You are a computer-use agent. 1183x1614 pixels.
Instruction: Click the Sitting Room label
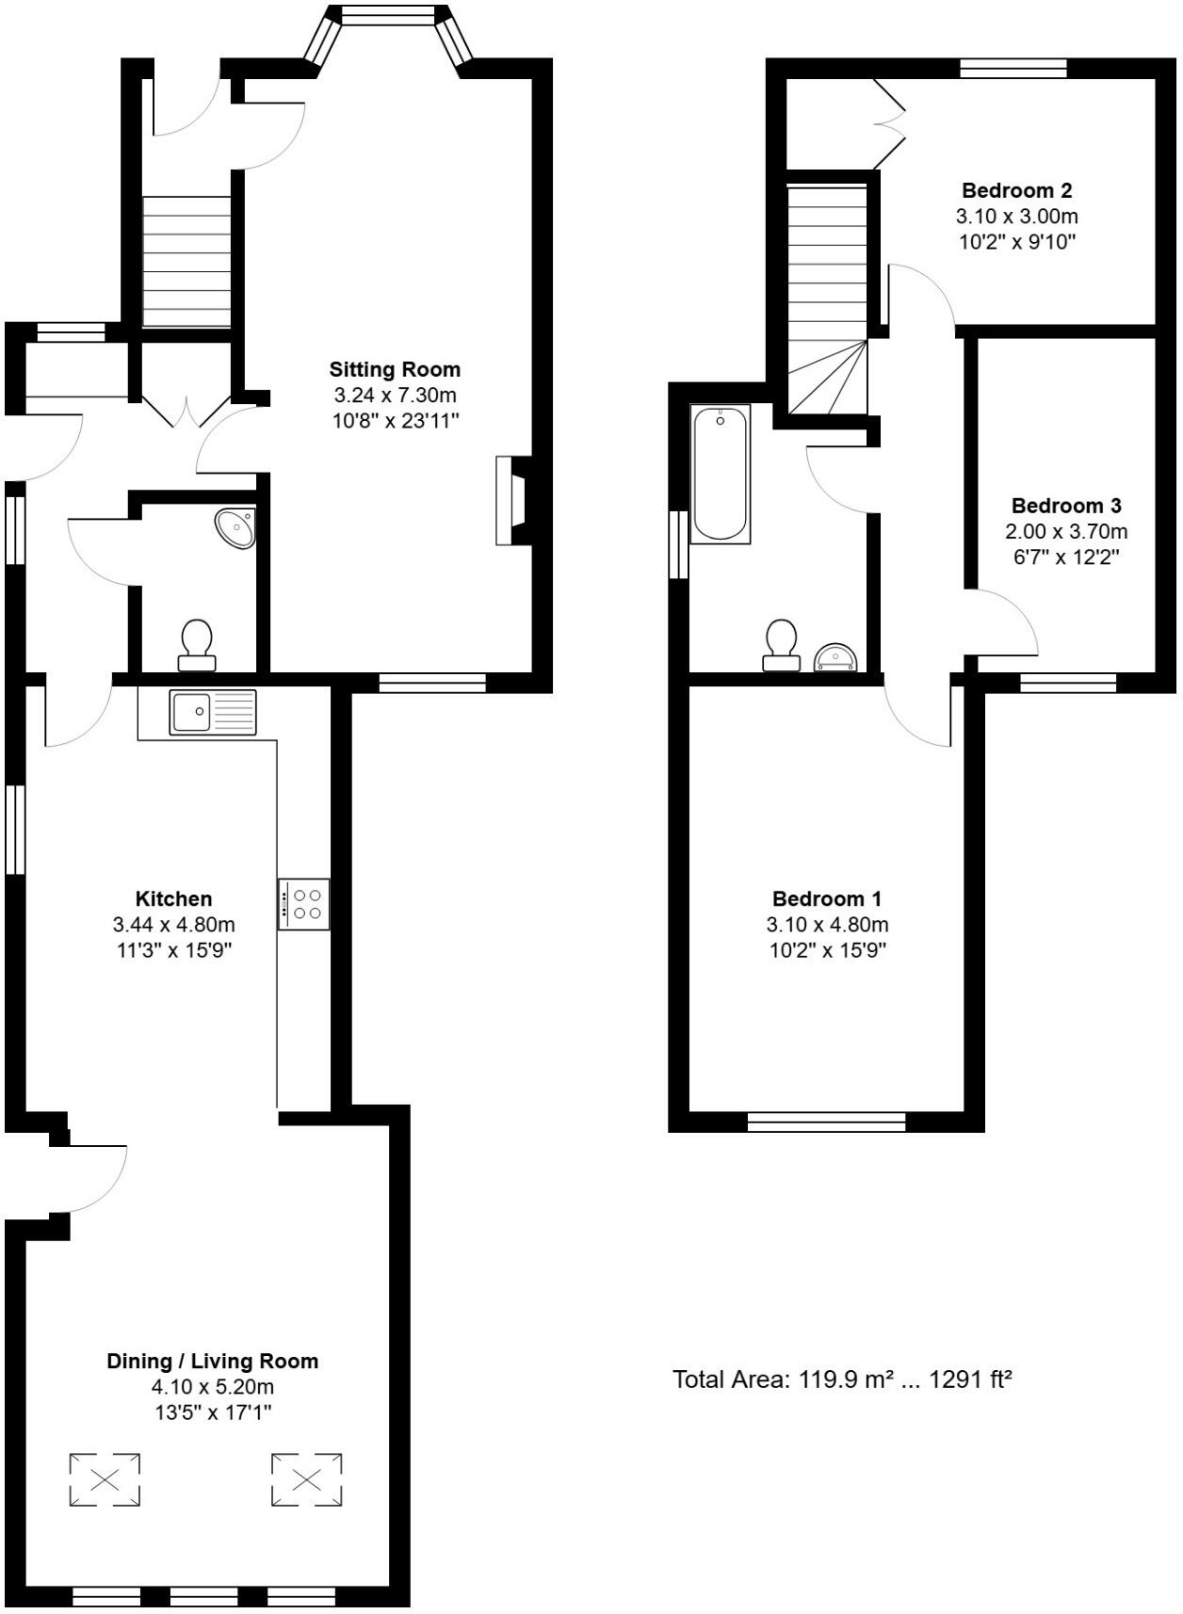point(395,368)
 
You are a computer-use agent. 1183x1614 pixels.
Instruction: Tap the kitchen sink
point(212,712)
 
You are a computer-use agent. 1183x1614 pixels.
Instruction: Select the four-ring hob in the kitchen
point(303,904)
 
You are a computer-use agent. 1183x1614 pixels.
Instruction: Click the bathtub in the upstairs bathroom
point(721,473)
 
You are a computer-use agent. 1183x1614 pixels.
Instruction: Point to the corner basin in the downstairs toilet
point(236,528)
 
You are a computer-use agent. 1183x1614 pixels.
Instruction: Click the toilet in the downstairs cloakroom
point(197,644)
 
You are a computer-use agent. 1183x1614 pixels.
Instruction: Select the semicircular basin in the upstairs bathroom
point(835,657)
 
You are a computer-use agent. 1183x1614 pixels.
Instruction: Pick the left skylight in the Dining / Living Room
point(105,1479)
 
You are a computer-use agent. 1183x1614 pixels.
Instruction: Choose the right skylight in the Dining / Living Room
point(306,1478)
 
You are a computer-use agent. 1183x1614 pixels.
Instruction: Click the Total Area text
point(842,1380)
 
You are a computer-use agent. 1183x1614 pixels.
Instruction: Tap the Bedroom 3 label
point(1066,506)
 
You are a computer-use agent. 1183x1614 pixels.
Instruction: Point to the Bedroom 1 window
point(826,1122)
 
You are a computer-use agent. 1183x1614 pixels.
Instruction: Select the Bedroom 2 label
point(1016,190)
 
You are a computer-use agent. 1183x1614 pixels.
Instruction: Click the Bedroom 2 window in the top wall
point(1013,68)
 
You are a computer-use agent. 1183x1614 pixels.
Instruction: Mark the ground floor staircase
point(186,262)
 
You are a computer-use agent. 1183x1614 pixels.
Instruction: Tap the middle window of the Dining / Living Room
point(203,1596)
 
